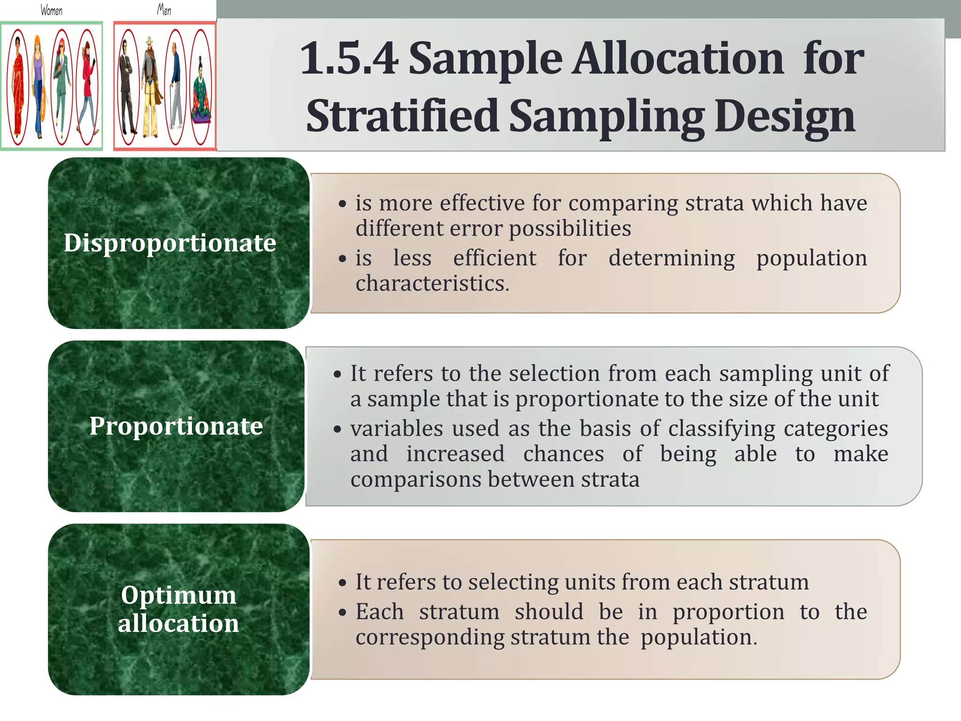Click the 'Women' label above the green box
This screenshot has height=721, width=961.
[51, 10]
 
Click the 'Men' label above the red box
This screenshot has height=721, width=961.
[164, 10]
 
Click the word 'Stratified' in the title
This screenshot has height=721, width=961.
[402, 116]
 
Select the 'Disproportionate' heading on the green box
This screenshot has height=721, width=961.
[170, 243]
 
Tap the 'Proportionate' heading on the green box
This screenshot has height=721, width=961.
[176, 426]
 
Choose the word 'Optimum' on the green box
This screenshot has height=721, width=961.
[178, 595]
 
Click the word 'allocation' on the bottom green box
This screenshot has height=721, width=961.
[178, 623]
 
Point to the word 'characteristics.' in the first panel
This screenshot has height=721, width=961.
[432, 284]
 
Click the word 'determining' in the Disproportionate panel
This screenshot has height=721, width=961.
[671, 258]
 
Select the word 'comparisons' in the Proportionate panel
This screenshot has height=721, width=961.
[416, 479]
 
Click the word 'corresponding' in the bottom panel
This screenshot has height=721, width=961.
[429, 637]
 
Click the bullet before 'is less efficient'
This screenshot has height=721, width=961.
[343, 259]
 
